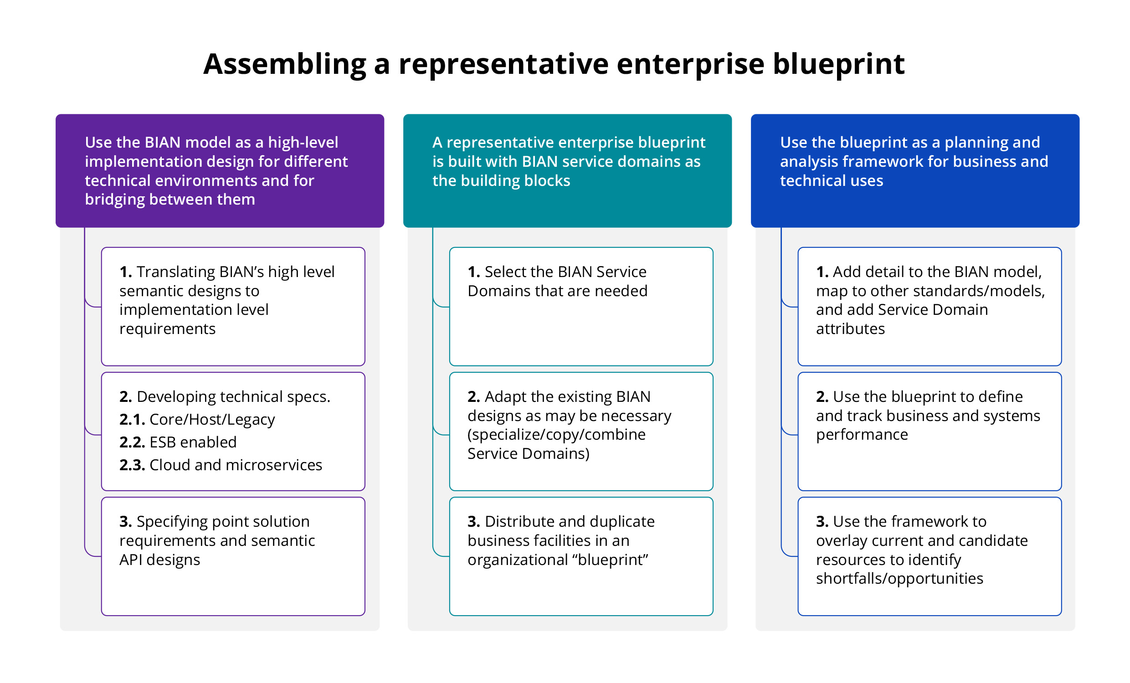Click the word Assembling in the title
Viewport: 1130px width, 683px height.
coord(284,64)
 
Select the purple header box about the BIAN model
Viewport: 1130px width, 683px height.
coord(220,170)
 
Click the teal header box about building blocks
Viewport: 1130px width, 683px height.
coord(567,170)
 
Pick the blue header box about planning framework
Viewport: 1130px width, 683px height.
coord(915,170)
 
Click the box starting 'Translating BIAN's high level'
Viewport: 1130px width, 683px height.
coord(233,306)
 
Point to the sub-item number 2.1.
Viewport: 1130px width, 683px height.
coord(132,420)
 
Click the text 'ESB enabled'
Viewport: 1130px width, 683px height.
coord(193,442)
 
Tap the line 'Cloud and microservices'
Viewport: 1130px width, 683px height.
coord(236,465)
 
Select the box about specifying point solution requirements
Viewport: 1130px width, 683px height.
coord(233,556)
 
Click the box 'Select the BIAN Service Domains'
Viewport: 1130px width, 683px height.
coord(581,306)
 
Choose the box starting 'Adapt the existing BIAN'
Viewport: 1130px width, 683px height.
coord(581,431)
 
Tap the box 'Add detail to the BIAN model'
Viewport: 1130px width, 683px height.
coord(930,306)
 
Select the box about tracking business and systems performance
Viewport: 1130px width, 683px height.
coord(930,431)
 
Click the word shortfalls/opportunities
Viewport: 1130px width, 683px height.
coord(899,579)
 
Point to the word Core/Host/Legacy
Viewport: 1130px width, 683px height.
coord(212,420)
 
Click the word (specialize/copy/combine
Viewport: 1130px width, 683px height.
coord(556,434)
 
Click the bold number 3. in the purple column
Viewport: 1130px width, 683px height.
coord(125,522)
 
